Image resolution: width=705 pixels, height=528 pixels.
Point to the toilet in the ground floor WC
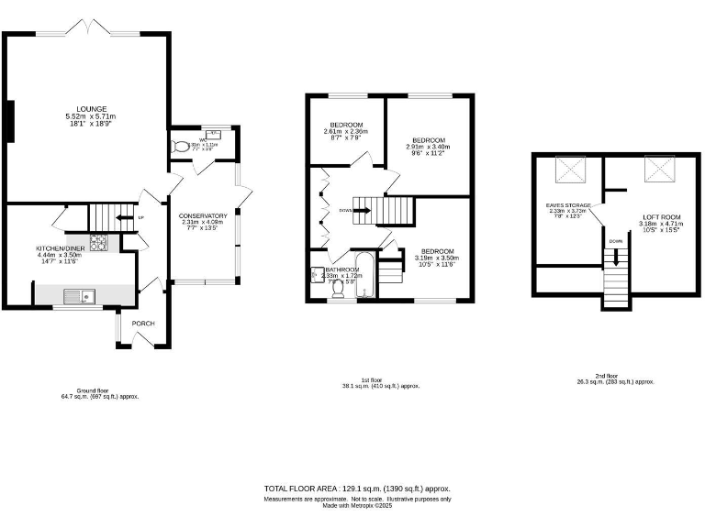181,145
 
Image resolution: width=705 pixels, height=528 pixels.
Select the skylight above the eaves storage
567,170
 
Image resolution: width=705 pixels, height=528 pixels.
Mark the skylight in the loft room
657,170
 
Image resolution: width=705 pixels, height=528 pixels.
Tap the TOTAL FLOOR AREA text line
356,489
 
